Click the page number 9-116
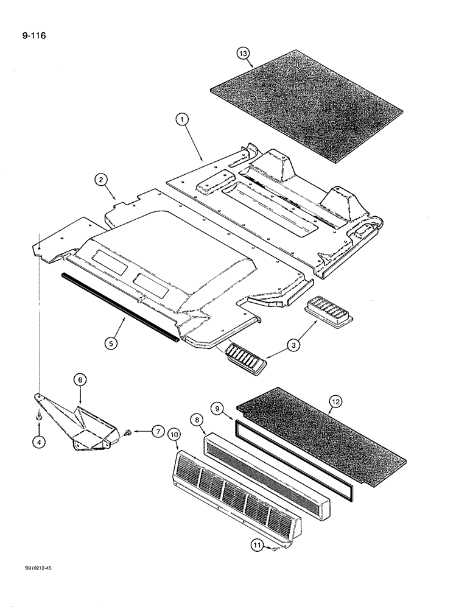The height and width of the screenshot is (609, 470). [29, 35]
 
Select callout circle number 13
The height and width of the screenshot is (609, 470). [244, 54]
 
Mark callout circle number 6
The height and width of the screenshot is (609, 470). [80, 379]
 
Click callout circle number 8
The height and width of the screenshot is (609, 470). [197, 420]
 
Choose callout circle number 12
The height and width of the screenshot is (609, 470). [334, 401]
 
